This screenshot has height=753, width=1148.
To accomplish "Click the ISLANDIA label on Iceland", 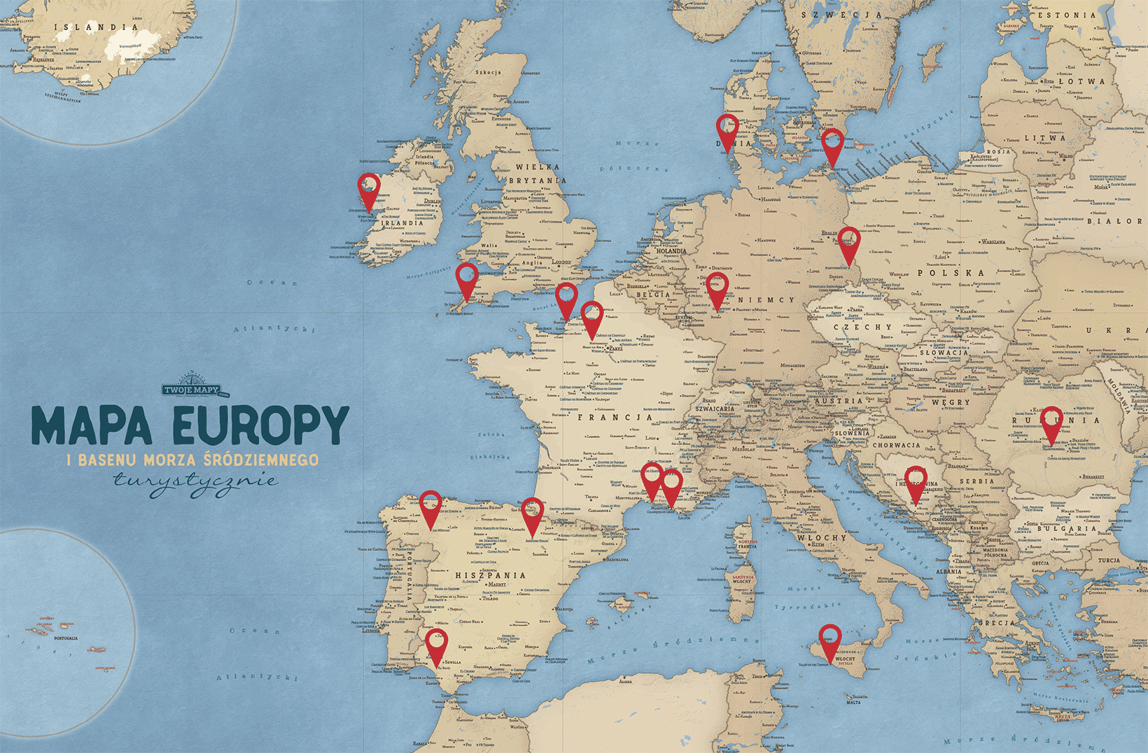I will pos(97,27).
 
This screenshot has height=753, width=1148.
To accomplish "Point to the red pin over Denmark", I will pos(728,130).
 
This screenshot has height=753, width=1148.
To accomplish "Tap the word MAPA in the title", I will pos(92,424).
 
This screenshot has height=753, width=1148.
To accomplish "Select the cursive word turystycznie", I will pos(195,482).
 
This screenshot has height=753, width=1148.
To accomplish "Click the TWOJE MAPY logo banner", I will pos(191,390).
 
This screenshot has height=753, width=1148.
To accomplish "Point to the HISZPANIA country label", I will pos(491,575).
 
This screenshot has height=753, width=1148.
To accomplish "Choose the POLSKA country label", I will pos(951,273).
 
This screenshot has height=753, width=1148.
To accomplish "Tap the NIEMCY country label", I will pos(768,300).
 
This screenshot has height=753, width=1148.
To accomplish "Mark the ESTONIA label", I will pos(1067,15).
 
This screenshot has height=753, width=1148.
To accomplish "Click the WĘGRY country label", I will pos(951,402).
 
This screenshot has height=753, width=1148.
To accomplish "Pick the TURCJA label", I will pos(1109,560).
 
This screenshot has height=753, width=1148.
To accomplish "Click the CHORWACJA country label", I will pos(897,445).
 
